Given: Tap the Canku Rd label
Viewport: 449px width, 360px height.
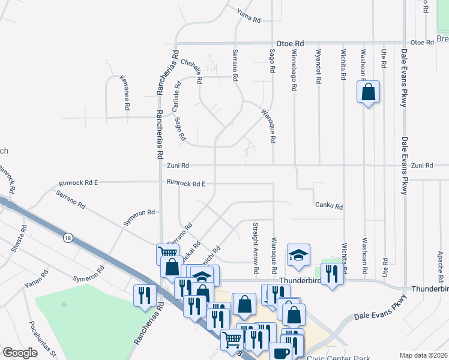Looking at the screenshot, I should (x=329, y=206).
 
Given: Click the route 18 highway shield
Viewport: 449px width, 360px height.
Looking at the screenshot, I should (x=68, y=238).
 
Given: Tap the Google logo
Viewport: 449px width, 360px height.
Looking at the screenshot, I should (x=20, y=353).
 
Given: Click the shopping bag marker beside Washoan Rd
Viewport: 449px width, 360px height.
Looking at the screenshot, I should (x=369, y=92).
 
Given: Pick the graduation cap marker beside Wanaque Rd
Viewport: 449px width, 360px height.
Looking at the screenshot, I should (x=298, y=255).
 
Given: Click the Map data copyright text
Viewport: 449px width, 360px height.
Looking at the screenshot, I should (x=423, y=355).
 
